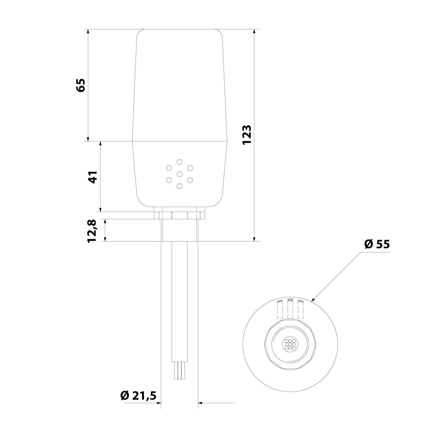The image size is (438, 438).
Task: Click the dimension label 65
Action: (80, 85)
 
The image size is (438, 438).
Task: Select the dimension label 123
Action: (247, 135)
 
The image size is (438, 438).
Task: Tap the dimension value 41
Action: (93, 177)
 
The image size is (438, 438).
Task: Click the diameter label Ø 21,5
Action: (138, 395)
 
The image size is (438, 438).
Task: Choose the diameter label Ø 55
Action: (377, 244)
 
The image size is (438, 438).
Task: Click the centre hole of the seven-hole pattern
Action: (179, 174)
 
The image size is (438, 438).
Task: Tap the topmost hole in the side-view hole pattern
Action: (179, 162)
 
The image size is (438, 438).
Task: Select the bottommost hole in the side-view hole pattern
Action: (179, 186)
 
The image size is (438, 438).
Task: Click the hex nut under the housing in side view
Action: (180, 215)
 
